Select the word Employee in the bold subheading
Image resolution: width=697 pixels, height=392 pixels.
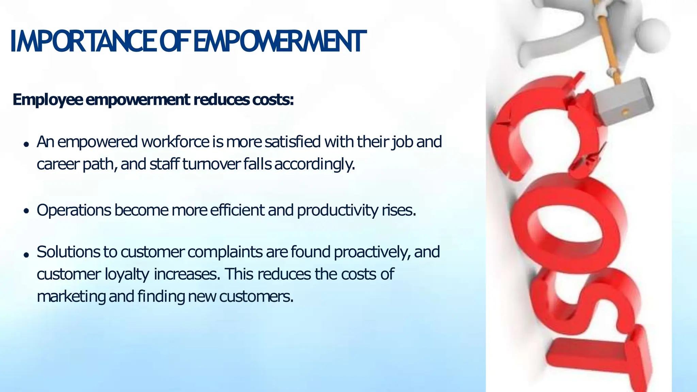48,100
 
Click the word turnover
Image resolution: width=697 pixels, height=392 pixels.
211,164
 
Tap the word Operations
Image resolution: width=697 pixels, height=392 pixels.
74,210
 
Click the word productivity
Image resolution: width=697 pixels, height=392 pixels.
337,210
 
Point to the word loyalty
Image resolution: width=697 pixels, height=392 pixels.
127,274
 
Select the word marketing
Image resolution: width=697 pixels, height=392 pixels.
71,296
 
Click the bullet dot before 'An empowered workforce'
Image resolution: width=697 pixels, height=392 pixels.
26,144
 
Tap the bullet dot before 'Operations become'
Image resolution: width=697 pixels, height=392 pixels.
26,211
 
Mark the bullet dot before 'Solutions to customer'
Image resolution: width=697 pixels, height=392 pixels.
26,255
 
